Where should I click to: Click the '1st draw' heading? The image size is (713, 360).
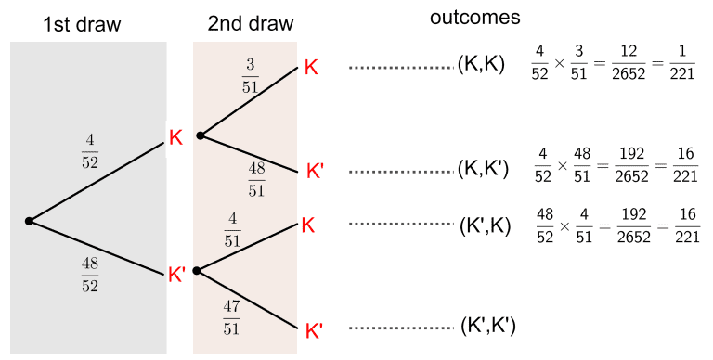click(x=83, y=23)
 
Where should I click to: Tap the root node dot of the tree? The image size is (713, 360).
click(x=29, y=221)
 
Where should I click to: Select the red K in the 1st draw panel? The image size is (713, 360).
click(x=175, y=137)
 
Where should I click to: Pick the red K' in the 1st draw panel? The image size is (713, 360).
click(x=176, y=274)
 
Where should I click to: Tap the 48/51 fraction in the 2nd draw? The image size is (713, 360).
click(x=256, y=178)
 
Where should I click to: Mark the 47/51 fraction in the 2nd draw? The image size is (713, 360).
click(x=231, y=316)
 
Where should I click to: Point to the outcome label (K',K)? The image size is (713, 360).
click(x=485, y=225)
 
